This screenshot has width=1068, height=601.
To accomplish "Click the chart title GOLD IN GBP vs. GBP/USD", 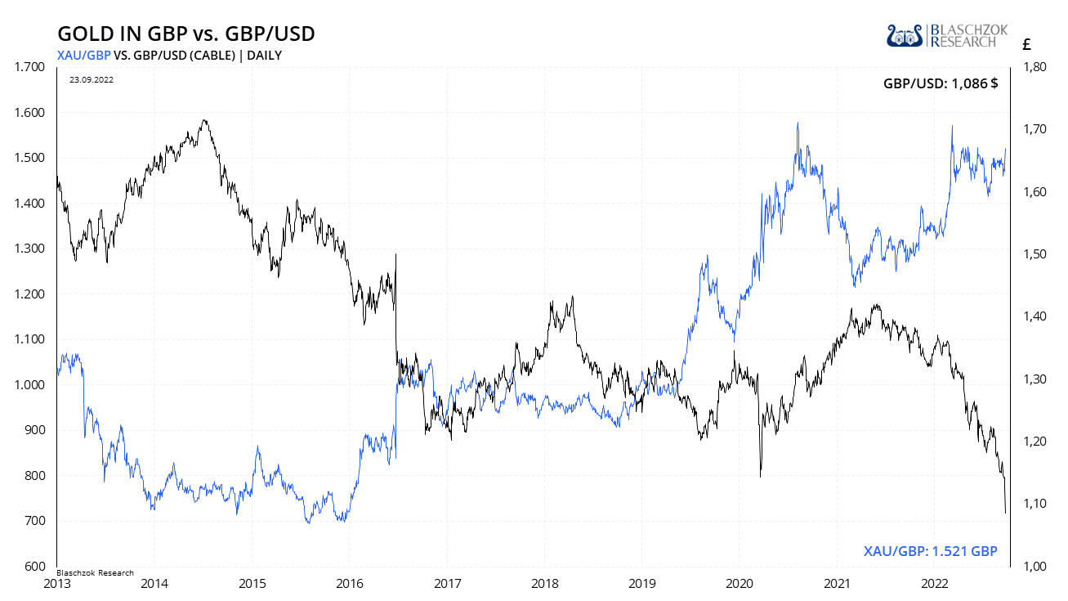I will (185, 34).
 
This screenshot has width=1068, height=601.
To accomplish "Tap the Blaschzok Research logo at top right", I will (947, 35).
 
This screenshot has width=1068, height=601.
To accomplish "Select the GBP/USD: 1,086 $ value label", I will (940, 83).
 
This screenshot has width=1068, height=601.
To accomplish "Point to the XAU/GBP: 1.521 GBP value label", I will (931, 551).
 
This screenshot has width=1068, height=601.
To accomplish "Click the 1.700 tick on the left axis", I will (30, 67).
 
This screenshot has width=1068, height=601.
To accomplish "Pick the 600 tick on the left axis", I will (35, 566).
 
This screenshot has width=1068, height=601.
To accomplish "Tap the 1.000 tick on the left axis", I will (30, 384).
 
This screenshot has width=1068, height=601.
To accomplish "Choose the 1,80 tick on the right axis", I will (1031, 67).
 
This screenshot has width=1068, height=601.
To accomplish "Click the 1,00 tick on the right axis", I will (1031, 566).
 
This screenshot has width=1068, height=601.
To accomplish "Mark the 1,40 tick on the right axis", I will (1031, 316).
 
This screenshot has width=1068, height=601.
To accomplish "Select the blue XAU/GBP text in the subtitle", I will (84, 55).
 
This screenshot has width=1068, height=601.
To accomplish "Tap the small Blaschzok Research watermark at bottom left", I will (96, 572).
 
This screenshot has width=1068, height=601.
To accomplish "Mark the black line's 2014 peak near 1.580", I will (204, 120).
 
